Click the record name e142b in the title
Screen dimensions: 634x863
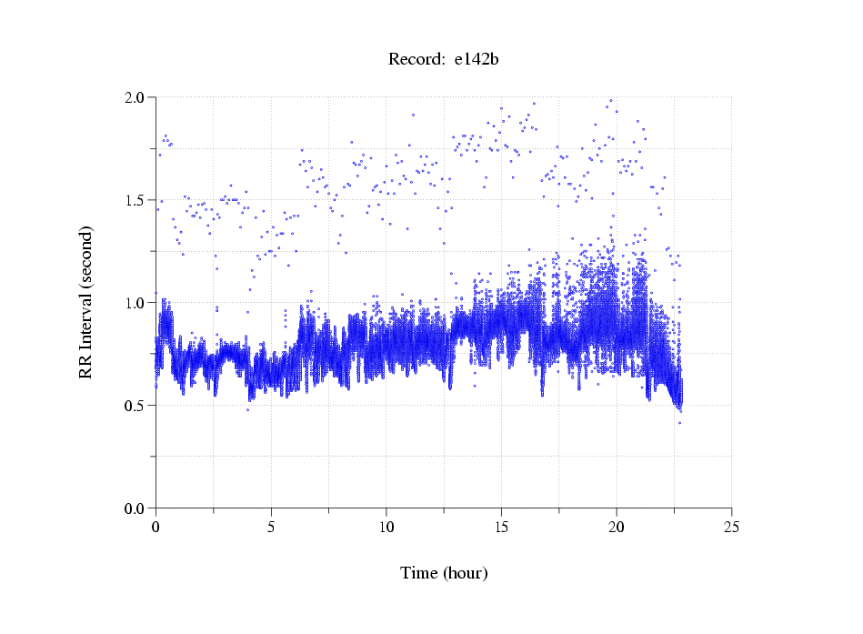coord(477,60)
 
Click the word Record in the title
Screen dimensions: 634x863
coord(416,60)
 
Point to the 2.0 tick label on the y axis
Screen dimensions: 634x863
coord(135,97)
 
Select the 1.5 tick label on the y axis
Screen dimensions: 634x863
coord(135,200)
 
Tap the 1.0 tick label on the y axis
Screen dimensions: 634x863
coord(135,303)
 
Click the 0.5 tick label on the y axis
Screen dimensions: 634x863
coord(135,406)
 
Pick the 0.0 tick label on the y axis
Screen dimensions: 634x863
coord(135,508)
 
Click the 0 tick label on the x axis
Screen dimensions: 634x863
coord(156,527)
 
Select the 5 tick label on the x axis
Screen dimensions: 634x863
coord(271,527)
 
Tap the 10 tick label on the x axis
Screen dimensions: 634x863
coord(386,527)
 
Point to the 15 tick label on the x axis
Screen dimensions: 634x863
coord(501,527)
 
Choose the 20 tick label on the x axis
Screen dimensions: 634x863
coord(617,527)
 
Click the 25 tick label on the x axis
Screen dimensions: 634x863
coord(732,527)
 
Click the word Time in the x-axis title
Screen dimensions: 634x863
coord(419,573)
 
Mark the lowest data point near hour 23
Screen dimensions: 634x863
coord(679,423)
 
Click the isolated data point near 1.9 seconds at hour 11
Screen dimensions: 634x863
coord(413,116)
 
